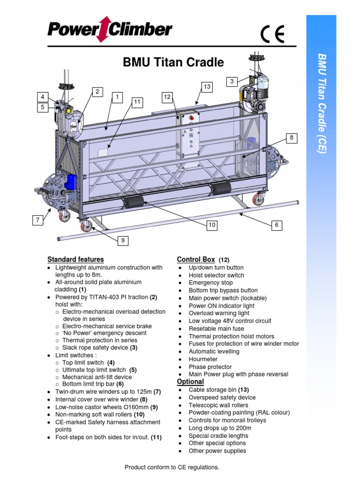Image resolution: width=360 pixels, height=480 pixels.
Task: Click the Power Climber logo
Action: click(x=110, y=31)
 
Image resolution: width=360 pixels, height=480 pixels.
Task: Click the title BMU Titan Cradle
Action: click(x=173, y=62)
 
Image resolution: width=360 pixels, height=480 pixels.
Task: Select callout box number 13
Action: click(x=207, y=87)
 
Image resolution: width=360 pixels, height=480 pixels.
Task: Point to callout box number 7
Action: click(x=37, y=219)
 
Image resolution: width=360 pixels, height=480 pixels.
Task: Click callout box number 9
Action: click(x=123, y=240)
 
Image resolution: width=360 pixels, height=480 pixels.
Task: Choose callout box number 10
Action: click(x=212, y=225)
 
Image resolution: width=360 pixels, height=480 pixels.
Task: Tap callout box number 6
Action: click(x=277, y=225)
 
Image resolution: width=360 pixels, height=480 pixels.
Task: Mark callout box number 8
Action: click(x=291, y=138)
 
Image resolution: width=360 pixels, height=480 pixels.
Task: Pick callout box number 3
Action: click(x=232, y=82)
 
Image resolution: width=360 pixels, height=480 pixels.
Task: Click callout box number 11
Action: click(x=136, y=101)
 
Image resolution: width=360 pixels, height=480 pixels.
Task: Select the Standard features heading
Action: click(x=75, y=259)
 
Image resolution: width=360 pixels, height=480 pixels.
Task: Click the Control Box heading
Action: click(x=195, y=259)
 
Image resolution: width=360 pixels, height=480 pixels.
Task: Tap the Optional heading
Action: click(x=190, y=382)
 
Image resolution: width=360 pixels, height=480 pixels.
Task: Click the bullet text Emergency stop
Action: click(x=210, y=283)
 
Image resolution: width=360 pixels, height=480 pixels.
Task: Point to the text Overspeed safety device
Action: click(x=222, y=397)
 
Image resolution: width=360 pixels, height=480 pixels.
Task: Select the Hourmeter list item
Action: click(x=203, y=359)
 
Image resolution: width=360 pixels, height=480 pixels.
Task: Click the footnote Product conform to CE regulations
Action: click(x=172, y=467)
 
